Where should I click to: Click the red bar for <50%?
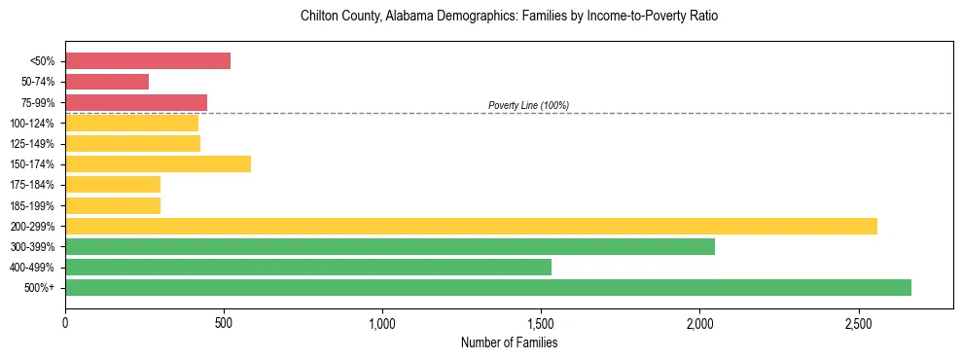coord(148,61)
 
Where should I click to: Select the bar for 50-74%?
coord(107,82)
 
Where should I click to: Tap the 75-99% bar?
coord(136,102)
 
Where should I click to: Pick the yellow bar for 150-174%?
coord(158,164)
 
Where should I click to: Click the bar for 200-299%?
coord(471,226)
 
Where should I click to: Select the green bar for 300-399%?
coord(390,247)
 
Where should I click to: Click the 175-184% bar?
coord(113,185)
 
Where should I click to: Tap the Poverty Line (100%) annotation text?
coord(528,105)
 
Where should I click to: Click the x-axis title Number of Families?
coord(509,342)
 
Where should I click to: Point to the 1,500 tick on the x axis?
coord(541,321)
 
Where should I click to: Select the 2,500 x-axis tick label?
coord(858,321)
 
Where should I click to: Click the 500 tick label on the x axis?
coord(224,321)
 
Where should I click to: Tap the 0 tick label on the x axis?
coord(65,321)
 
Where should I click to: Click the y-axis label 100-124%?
coord(32,124)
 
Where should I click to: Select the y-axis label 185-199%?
coord(32,206)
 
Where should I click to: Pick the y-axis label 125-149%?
coord(32,144)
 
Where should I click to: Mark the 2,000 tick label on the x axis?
coord(699,321)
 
